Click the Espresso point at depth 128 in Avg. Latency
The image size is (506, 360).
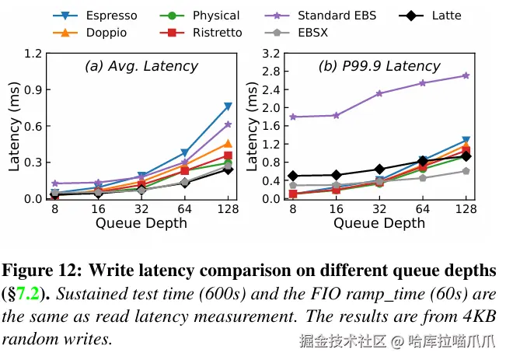coord(228,106)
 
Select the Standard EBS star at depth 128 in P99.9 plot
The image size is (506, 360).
coord(466,75)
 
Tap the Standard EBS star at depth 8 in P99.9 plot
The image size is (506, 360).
coord(292,117)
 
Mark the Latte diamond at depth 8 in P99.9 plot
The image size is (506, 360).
coord(292,176)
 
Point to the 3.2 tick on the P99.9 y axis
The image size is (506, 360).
coord(271,54)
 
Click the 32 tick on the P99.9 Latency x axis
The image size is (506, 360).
coord(379,210)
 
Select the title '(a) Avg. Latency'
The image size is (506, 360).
coord(141,67)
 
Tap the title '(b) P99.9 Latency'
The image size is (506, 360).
coord(380,67)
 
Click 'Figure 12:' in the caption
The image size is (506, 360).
coord(42,271)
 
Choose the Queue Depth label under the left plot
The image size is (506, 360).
coord(141,223)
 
